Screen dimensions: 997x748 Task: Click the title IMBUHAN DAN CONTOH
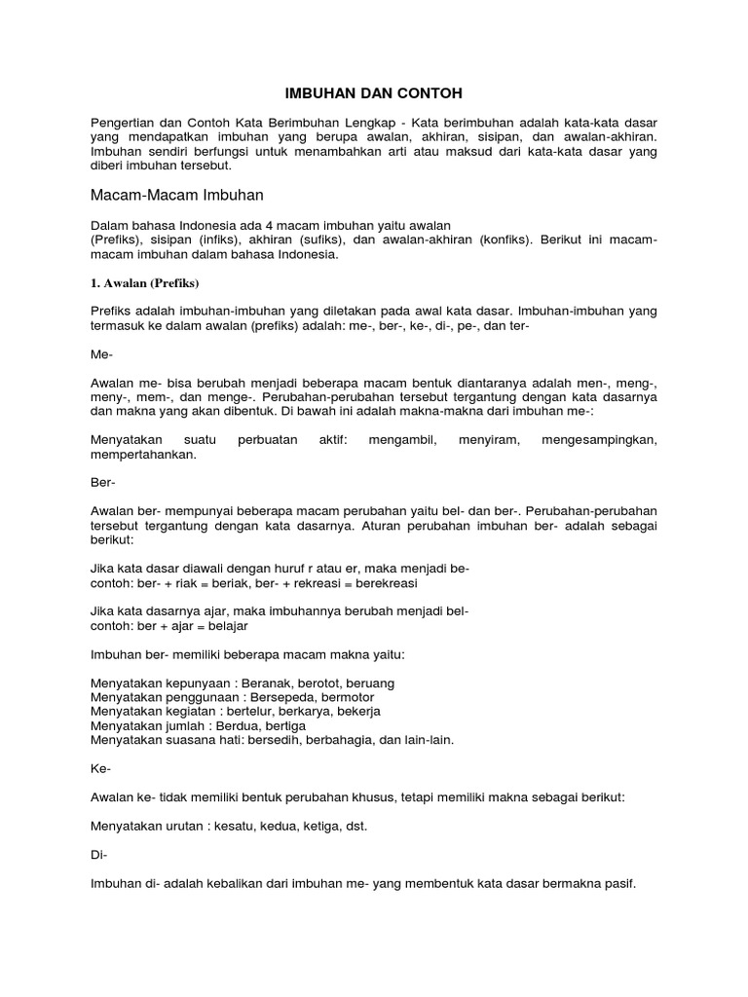373,93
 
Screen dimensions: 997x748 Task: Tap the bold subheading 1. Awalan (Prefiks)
144,283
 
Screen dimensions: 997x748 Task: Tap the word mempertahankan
141,454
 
